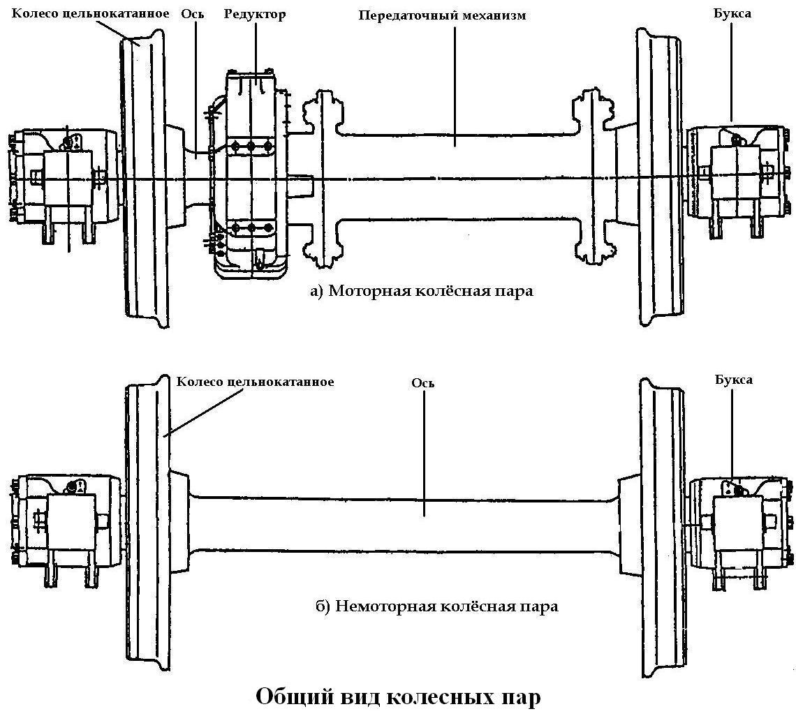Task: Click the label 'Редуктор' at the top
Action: point(255,14)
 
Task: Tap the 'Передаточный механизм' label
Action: point(442,15)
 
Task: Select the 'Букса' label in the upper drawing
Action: point(732,13)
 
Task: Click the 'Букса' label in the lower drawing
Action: point(733,380)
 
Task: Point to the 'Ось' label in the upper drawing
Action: point(192,14)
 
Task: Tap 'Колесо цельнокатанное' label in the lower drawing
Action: point(255,382)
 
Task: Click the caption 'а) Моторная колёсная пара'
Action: point(421,290)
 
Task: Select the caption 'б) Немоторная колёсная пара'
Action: point(437,606)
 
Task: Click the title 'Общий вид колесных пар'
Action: point(398,696)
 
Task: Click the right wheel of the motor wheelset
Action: point(658,178)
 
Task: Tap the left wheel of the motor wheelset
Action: point(145,178)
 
